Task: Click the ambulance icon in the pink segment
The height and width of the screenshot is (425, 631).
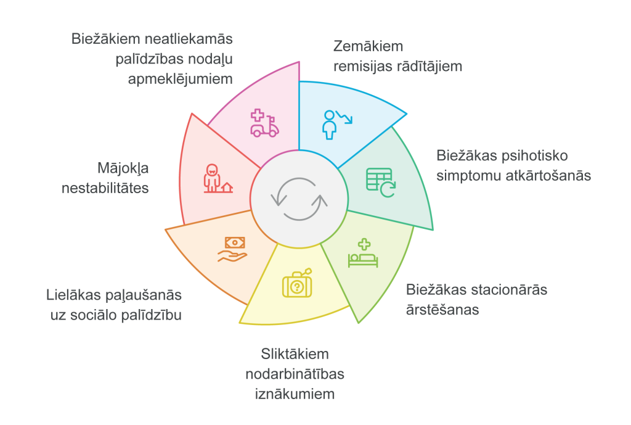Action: [264, 123]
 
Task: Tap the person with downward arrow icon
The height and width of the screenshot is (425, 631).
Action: [337, 125]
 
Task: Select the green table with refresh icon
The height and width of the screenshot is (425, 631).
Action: [381, 183]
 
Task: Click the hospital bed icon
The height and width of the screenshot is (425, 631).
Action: [363, 253]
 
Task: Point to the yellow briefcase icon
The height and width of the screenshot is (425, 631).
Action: [298, 283]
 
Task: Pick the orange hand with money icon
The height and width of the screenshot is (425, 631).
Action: [232, 249]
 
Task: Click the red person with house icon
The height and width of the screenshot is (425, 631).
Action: [218, 178]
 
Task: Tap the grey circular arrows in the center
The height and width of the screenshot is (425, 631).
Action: [299, 199]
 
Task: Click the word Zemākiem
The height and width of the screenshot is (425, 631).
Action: [368, 46]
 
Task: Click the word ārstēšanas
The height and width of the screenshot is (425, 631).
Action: [442, 310]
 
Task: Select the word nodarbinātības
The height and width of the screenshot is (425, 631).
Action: [295, 374]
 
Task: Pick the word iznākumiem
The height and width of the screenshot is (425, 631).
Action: [295, 394]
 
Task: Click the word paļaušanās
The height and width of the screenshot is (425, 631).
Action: [143, 295]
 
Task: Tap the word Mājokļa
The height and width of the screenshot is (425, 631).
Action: [123, 168]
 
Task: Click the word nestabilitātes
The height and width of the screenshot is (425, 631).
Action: [105, 188]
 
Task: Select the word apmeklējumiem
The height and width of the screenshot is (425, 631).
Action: [181, 80]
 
